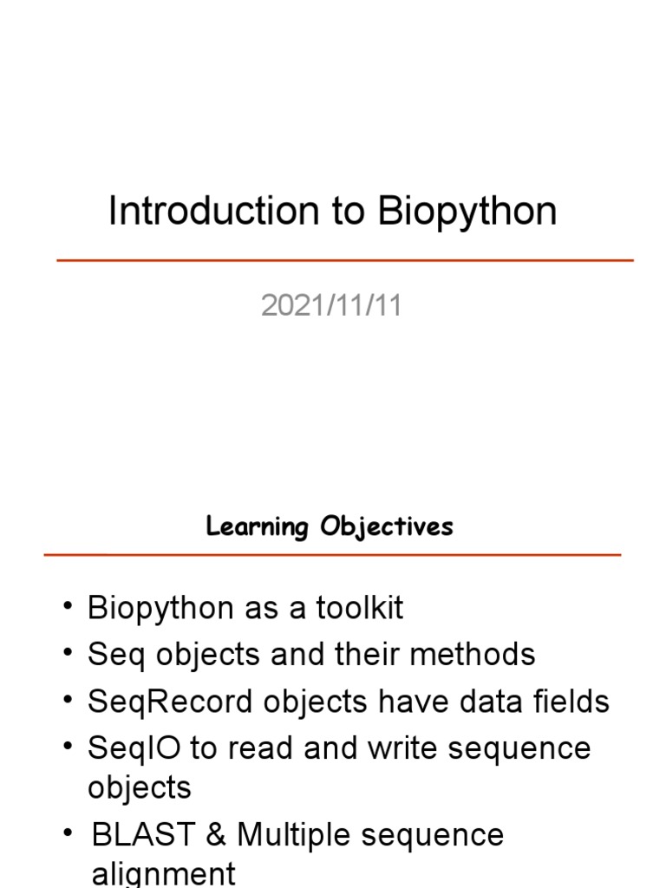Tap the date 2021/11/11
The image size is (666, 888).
click(x=331, y=306)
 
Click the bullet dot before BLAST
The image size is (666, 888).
click(x=69, y=833)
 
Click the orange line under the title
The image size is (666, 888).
click(x=345, y=260)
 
